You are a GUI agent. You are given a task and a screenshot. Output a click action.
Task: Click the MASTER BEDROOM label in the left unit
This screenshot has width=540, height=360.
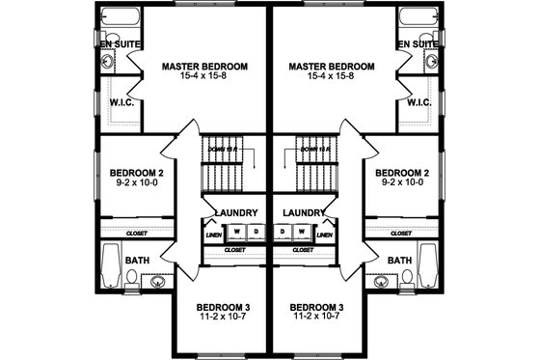(x=204, y=67)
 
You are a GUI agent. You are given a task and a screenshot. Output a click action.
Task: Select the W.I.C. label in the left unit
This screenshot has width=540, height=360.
(x=121, y=102)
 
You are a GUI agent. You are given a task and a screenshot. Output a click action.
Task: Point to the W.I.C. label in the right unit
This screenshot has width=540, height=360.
(x=418, y=102)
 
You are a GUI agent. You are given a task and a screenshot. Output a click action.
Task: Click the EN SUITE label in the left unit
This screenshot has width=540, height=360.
(x=119, y=43)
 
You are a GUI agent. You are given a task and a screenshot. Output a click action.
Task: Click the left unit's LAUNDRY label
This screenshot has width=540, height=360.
(x=235, y=212)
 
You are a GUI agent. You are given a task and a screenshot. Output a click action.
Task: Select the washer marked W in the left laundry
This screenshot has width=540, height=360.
(x=234, y=232)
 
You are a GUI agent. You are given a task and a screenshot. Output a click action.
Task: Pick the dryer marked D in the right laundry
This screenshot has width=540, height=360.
(x=285, y=232)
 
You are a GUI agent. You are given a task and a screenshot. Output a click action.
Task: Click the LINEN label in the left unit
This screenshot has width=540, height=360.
(x=213, y=234)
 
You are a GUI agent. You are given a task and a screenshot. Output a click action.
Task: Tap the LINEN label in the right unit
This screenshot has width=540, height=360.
(x=325, y=234)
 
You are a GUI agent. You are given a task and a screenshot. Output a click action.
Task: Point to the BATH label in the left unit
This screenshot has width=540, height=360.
(x=139, y=261)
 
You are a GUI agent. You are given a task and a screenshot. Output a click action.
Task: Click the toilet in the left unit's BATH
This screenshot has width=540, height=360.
(x=131, y=279)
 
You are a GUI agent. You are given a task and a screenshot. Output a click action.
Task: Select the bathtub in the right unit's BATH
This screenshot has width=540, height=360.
(x=430, y=267)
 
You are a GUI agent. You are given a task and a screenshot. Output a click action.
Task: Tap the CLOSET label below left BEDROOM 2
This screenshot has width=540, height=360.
(x=137, y=233)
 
